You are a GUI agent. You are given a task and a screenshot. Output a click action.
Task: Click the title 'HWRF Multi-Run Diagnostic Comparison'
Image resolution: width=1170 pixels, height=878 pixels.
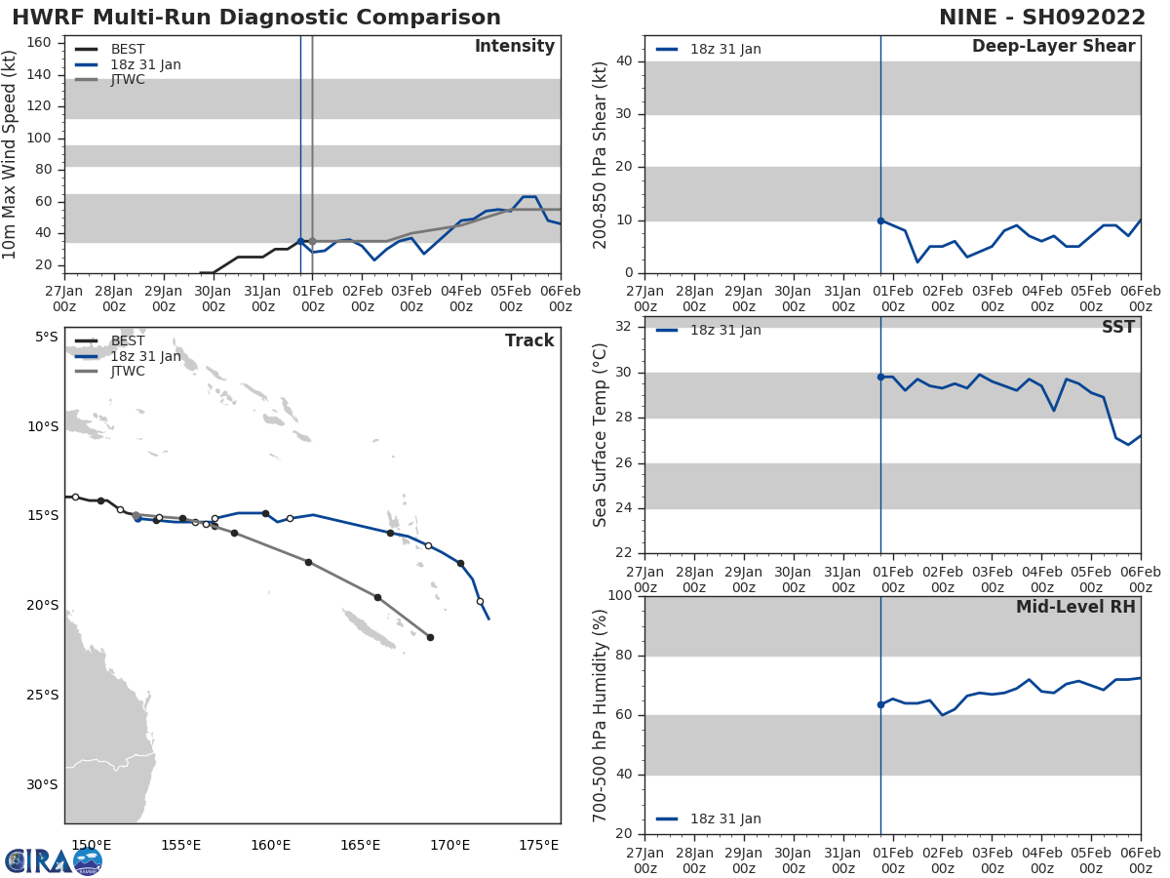256,18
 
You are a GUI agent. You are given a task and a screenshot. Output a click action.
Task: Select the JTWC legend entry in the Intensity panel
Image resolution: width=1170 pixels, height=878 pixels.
128,79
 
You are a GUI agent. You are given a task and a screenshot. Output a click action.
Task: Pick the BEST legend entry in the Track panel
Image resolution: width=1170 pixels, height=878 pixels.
128,340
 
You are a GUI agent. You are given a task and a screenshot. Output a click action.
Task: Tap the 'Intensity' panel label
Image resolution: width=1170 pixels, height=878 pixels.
514,47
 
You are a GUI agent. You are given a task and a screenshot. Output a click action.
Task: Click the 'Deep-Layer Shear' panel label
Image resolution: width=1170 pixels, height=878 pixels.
1053,47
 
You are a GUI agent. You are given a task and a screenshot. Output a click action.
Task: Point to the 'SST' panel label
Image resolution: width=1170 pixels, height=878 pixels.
1118,328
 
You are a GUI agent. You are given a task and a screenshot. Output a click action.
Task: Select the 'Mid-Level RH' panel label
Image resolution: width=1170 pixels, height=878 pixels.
1075,607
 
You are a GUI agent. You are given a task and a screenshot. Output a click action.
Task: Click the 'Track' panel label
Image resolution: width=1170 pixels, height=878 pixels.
529,340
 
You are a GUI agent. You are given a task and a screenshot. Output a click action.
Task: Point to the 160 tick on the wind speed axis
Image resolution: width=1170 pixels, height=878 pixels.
39,42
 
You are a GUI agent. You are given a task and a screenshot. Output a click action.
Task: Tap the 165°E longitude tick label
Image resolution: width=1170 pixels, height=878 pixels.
360,845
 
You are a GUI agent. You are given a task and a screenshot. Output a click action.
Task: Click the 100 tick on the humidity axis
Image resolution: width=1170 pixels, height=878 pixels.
618,596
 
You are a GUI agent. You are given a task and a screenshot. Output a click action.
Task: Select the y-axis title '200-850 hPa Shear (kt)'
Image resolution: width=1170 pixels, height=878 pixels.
601,154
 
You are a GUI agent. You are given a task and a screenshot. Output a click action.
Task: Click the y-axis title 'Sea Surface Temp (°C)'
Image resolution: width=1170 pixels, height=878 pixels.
601,434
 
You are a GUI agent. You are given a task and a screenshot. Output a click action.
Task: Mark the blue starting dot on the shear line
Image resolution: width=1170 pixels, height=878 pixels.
880,220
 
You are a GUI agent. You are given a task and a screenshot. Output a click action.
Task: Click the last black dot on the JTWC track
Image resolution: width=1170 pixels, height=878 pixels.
430,637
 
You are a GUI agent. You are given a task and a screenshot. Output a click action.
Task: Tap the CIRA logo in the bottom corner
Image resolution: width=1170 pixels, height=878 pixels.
54,860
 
